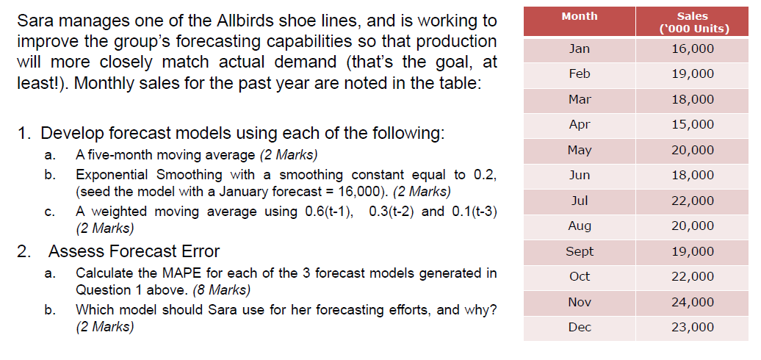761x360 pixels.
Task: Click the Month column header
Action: click(579, 16)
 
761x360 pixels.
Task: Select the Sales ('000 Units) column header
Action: click(693, 23)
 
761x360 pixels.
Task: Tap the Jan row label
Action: click(579, 48)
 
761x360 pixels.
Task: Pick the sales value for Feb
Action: click(693, 73)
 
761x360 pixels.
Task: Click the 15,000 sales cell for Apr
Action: click(693, 124)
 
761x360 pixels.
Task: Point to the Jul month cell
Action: click(579, 200)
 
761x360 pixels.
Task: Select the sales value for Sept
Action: click(693, 251)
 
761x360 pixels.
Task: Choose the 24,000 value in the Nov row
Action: click(693, 302)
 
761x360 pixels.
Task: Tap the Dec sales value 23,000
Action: click(693, 327)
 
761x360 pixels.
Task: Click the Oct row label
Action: click(579, 276)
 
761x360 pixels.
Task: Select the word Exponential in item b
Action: click(112, 174)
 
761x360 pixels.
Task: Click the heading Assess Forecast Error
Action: click(134, 251)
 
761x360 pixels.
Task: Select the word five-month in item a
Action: click(127, 155)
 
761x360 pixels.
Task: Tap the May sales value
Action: click(693, 150)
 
